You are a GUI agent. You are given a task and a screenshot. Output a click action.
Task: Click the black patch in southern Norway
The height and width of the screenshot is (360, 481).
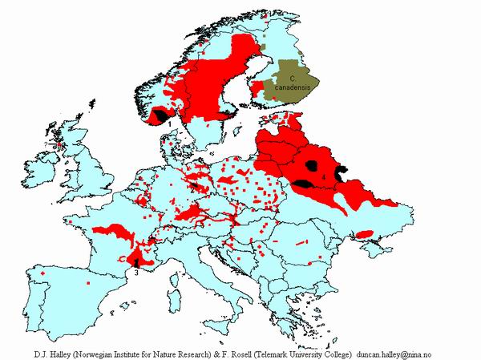pos(163,115)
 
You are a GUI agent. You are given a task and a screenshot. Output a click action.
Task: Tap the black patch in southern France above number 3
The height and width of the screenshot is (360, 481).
pos(137,261)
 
